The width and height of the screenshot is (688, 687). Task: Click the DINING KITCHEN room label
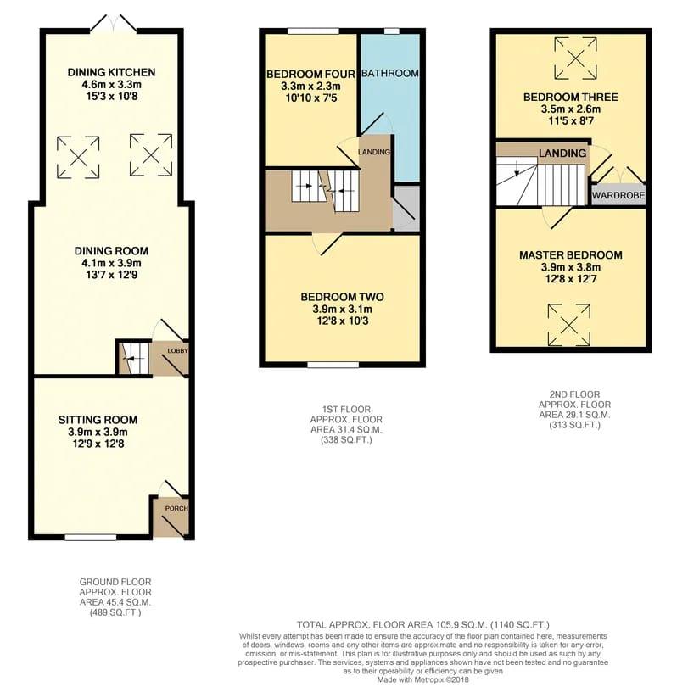point(112,72)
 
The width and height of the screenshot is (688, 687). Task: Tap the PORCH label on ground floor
point(177,509)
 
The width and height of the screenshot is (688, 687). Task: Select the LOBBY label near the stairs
point(177,351)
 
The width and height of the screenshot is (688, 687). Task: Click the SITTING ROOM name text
point(98,420)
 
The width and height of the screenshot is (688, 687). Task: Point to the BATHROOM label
point(390,74)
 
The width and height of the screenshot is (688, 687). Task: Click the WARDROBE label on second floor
point(618,195)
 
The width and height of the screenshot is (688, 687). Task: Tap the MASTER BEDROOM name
point(570,255)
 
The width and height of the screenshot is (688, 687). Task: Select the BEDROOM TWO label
point(342,297)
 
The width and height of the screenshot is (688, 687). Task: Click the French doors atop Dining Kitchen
point(113,24)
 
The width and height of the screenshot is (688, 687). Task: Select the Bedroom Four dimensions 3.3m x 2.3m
point(303,87)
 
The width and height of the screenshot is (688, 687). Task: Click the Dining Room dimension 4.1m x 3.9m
point(111,264)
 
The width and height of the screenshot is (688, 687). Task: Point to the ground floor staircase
point(133,357)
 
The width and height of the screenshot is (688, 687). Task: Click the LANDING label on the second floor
point(562,154)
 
